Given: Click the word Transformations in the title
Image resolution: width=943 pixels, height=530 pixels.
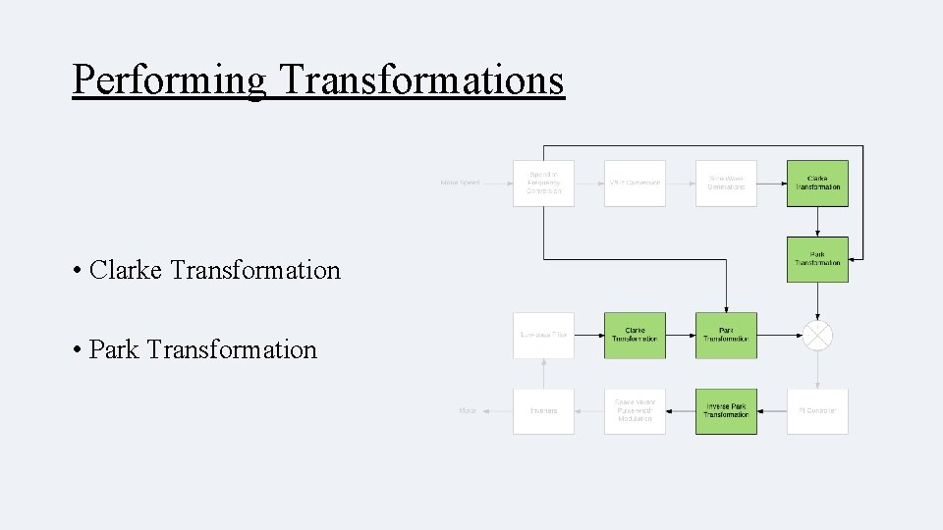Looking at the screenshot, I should (x=421, y=79).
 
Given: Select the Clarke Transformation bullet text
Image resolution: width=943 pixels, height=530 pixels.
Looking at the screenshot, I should (x=214, y=270).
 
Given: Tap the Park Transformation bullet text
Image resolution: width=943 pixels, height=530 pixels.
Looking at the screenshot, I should (x=202, y=349).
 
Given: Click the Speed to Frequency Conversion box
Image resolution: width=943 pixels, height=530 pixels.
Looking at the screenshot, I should (x=543, y=184).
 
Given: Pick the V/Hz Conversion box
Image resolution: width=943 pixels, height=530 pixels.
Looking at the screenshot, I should (x=635, y=184).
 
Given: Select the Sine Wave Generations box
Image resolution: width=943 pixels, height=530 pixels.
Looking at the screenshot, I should (x=726, y=184).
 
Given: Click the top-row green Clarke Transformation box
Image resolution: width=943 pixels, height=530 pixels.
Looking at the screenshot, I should (x=817, y=184).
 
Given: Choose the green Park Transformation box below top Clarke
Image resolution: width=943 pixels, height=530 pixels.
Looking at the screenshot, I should (x=817, y=259).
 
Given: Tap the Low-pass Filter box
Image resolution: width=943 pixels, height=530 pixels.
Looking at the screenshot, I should (x=543, y=335).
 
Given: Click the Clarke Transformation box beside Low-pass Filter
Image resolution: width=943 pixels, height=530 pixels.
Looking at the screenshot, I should (x=635, y=335).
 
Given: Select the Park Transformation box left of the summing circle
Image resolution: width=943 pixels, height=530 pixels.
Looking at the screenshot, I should (x=726, y=335).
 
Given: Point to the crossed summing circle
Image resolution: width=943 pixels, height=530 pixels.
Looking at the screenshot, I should (x=817, y=336).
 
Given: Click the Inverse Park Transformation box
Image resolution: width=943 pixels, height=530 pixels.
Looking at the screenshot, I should (x=726, y=411).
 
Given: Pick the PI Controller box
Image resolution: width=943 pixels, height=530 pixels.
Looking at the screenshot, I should (x=817, y=411).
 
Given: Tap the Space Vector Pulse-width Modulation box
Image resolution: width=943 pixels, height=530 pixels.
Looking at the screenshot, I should (x=635, y=411).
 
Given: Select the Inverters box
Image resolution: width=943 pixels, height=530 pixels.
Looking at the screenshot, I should (x=543, y=411).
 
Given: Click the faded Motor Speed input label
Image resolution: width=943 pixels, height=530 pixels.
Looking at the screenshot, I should (x=460, y=184).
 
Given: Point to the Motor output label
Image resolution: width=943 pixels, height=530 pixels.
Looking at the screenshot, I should (x=467, y=411).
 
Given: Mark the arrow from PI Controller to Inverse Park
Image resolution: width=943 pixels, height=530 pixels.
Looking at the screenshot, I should (x=772, y=411).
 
